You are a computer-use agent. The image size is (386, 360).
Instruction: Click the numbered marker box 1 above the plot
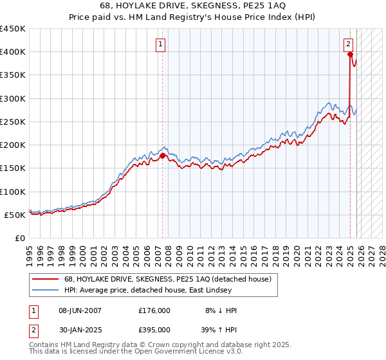click(x=160, y=44)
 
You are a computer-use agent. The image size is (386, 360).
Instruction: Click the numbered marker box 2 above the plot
click(x=348, y=44)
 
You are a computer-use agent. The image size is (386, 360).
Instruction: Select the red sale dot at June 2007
click(x=162, y=156)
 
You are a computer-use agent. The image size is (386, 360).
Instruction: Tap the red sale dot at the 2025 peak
click(x=351, y=55)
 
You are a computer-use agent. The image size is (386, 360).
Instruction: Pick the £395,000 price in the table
click(x=154, y=330)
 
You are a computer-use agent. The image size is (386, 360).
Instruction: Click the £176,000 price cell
click(x=154, y=310)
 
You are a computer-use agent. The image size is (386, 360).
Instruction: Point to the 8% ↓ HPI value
click(x=221, y=310)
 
